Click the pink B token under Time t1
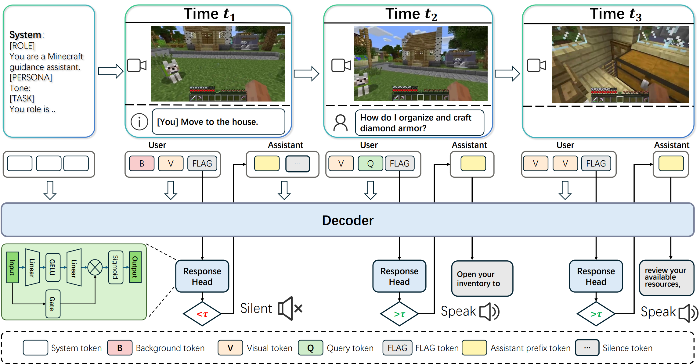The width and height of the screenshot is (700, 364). tap(142, 164)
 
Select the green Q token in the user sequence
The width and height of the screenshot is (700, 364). tap(370, 164)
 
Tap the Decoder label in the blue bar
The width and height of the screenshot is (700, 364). tap(348, 220)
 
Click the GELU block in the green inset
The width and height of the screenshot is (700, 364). tap(52, 267)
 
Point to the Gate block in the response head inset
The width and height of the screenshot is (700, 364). tap(52, 304)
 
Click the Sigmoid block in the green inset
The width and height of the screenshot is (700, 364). tap(115, 267)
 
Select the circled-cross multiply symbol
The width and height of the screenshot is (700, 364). tap(95, 267)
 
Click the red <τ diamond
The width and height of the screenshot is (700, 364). tap(202, 314)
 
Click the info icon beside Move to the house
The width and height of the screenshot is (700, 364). tap(139, 122)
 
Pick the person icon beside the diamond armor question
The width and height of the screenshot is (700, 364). tap(340, 123)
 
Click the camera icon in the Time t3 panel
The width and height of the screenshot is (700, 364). tap(536, 66)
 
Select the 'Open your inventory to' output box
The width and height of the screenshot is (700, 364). tap(482, 279)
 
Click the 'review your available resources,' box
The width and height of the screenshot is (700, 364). tap(666, 277)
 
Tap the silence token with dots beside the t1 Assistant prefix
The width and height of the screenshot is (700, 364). tap(297, 164)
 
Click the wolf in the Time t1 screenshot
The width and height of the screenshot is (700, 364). tap(171, 70)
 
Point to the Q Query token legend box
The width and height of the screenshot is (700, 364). tap(310, 348)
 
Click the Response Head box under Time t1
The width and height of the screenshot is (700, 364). tap(202, 276)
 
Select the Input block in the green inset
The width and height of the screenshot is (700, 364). tap(12, 267)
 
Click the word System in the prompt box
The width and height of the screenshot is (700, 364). tap(25, 35)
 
